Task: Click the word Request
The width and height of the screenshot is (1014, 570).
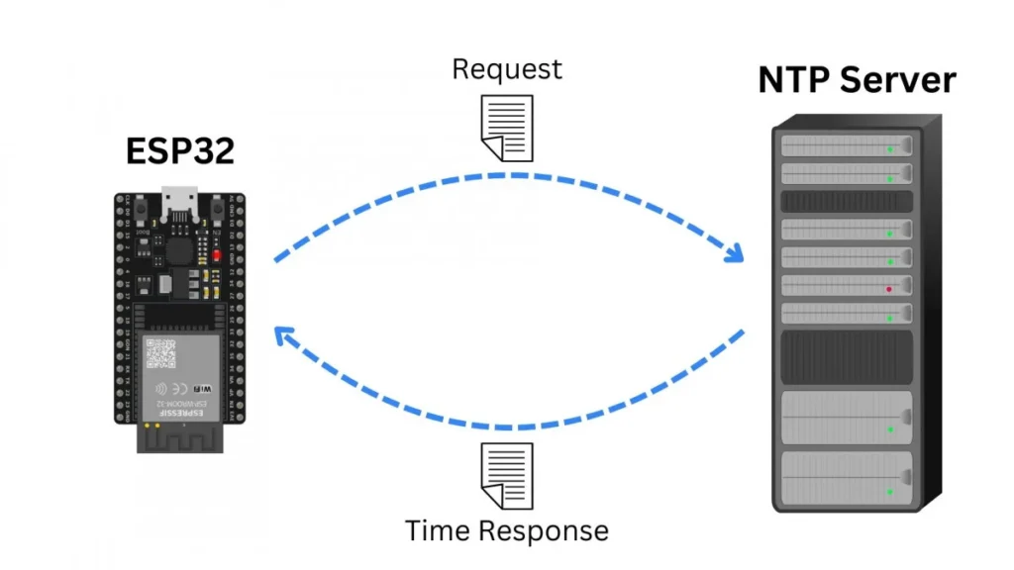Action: coord(506,69)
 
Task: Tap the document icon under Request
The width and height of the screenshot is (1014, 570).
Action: coord(507,127)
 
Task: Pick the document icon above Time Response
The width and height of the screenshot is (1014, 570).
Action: coord(506,475)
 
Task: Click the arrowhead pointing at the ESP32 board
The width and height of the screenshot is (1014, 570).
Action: coord(285,337)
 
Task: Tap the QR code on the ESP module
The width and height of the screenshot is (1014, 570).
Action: coord(160,352)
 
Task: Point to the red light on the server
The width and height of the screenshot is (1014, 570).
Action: coord(889,289)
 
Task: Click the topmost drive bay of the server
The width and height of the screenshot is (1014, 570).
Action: coord(847,145)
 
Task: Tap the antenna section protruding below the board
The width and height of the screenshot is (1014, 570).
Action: coord(179,437)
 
